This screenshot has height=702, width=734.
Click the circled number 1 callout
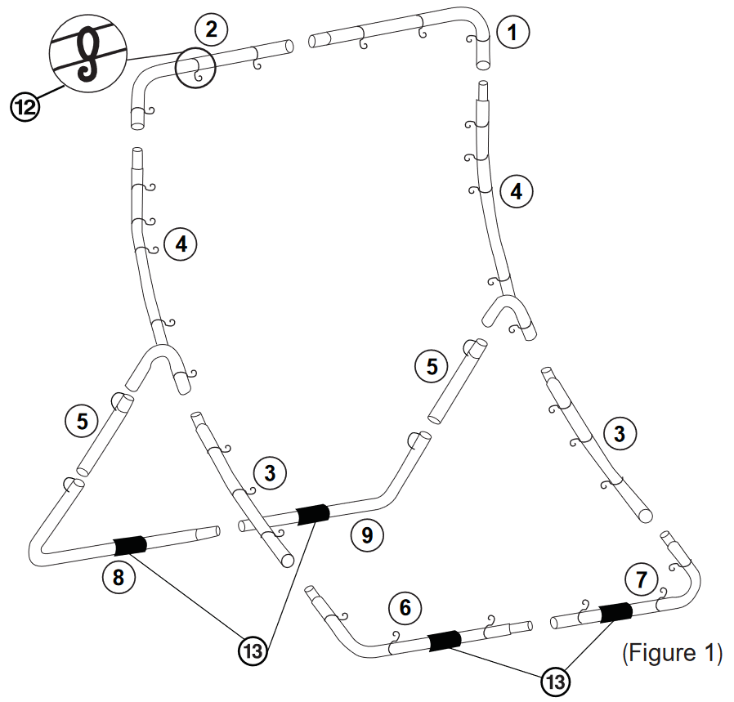[512, 33]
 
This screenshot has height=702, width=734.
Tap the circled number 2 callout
[211, 29]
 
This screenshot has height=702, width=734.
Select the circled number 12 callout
[25, 107]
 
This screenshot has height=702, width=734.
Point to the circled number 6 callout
[405, 608]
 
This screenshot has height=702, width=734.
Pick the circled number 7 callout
[642, 579]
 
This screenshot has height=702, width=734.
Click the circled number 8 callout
[119, 578]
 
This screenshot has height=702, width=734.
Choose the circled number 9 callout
[368, 535]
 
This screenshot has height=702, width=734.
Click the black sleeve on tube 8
[130, 545]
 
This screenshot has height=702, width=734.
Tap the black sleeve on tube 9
[313, 514]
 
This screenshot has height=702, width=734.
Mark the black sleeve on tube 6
[445, 640]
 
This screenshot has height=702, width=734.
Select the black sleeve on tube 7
[615, 612]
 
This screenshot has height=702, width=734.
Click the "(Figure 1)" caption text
[672, 653]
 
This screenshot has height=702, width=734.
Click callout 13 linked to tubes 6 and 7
[556, 682]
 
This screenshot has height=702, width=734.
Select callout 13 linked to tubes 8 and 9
[253, 651]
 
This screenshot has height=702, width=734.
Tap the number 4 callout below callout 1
[517, 191]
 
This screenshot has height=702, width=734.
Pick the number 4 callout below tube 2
[181, 244]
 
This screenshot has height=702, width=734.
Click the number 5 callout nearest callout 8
[82, 421]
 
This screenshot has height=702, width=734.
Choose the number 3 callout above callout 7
[620, 434]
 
